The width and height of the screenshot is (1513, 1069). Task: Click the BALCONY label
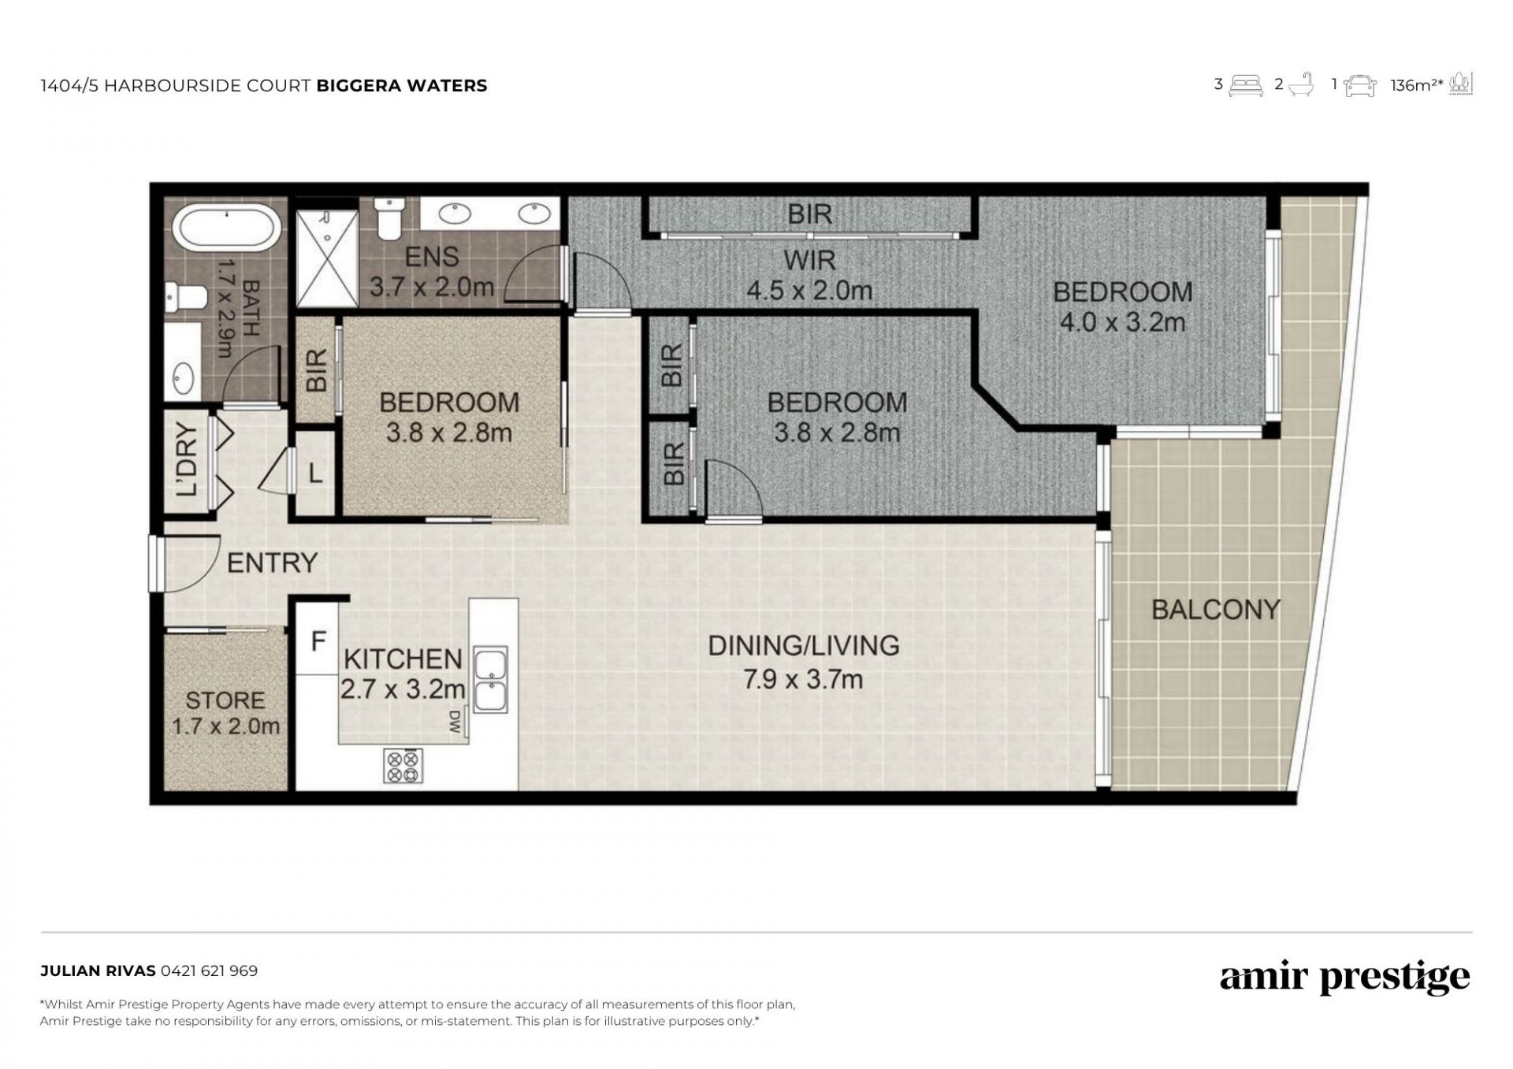point(1215,609)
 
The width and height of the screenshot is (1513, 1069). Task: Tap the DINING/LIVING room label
point(803,645)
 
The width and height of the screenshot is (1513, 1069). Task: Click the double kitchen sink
point(490,680)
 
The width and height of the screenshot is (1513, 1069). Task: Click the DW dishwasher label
point(455,722)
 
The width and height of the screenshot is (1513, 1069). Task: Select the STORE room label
point(225,700)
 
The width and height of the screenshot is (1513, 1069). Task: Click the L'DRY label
point(188,460)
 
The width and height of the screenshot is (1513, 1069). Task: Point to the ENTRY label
point(272,562)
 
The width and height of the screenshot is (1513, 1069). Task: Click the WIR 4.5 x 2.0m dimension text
point(809,291)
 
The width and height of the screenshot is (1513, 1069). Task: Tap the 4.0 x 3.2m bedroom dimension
point(1122,322)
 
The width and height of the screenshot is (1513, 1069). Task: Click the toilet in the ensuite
point(389,217)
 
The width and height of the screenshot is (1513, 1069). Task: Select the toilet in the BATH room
point(186,297)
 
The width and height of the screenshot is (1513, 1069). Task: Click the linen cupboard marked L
point(315,473)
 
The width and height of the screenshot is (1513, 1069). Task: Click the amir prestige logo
point(1344,978)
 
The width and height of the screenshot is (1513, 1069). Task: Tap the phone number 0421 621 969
point(209,971)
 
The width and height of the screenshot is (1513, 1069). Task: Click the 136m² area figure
point(1416,85)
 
